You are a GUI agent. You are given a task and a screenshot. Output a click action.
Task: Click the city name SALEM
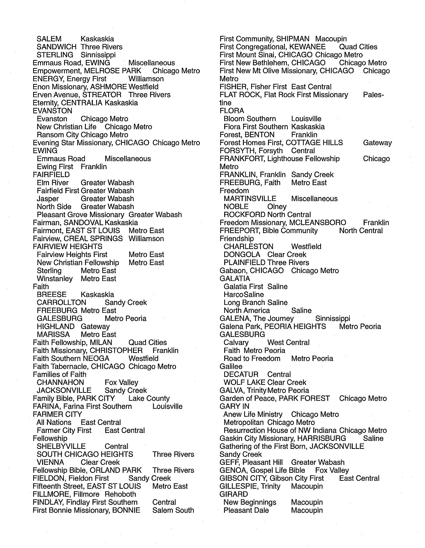(49, 39)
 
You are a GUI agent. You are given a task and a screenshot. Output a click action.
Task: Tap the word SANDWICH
(57, 47)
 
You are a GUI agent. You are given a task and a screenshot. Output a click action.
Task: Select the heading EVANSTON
(52, 111)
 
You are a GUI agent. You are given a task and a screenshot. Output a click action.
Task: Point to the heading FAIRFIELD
(51, 175)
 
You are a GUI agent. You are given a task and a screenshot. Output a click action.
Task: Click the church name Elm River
(52, 183)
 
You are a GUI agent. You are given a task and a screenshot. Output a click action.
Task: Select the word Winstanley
(55, 278)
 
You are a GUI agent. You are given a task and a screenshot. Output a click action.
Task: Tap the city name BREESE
(51, 295)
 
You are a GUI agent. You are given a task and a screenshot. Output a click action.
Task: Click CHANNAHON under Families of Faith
(60, 382)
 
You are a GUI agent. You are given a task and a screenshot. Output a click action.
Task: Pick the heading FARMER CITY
(58, 414)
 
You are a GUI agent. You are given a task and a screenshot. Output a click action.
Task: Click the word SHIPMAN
(293, 39)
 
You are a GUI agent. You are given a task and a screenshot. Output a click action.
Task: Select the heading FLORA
(232, 111)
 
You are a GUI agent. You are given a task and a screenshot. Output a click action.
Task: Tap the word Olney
(277, 207)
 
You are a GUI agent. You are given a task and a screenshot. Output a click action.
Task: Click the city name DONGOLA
(242, 254)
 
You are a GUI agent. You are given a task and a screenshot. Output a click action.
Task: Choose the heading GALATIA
(235, 278)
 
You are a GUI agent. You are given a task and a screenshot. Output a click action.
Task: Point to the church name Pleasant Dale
(246, 510)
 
